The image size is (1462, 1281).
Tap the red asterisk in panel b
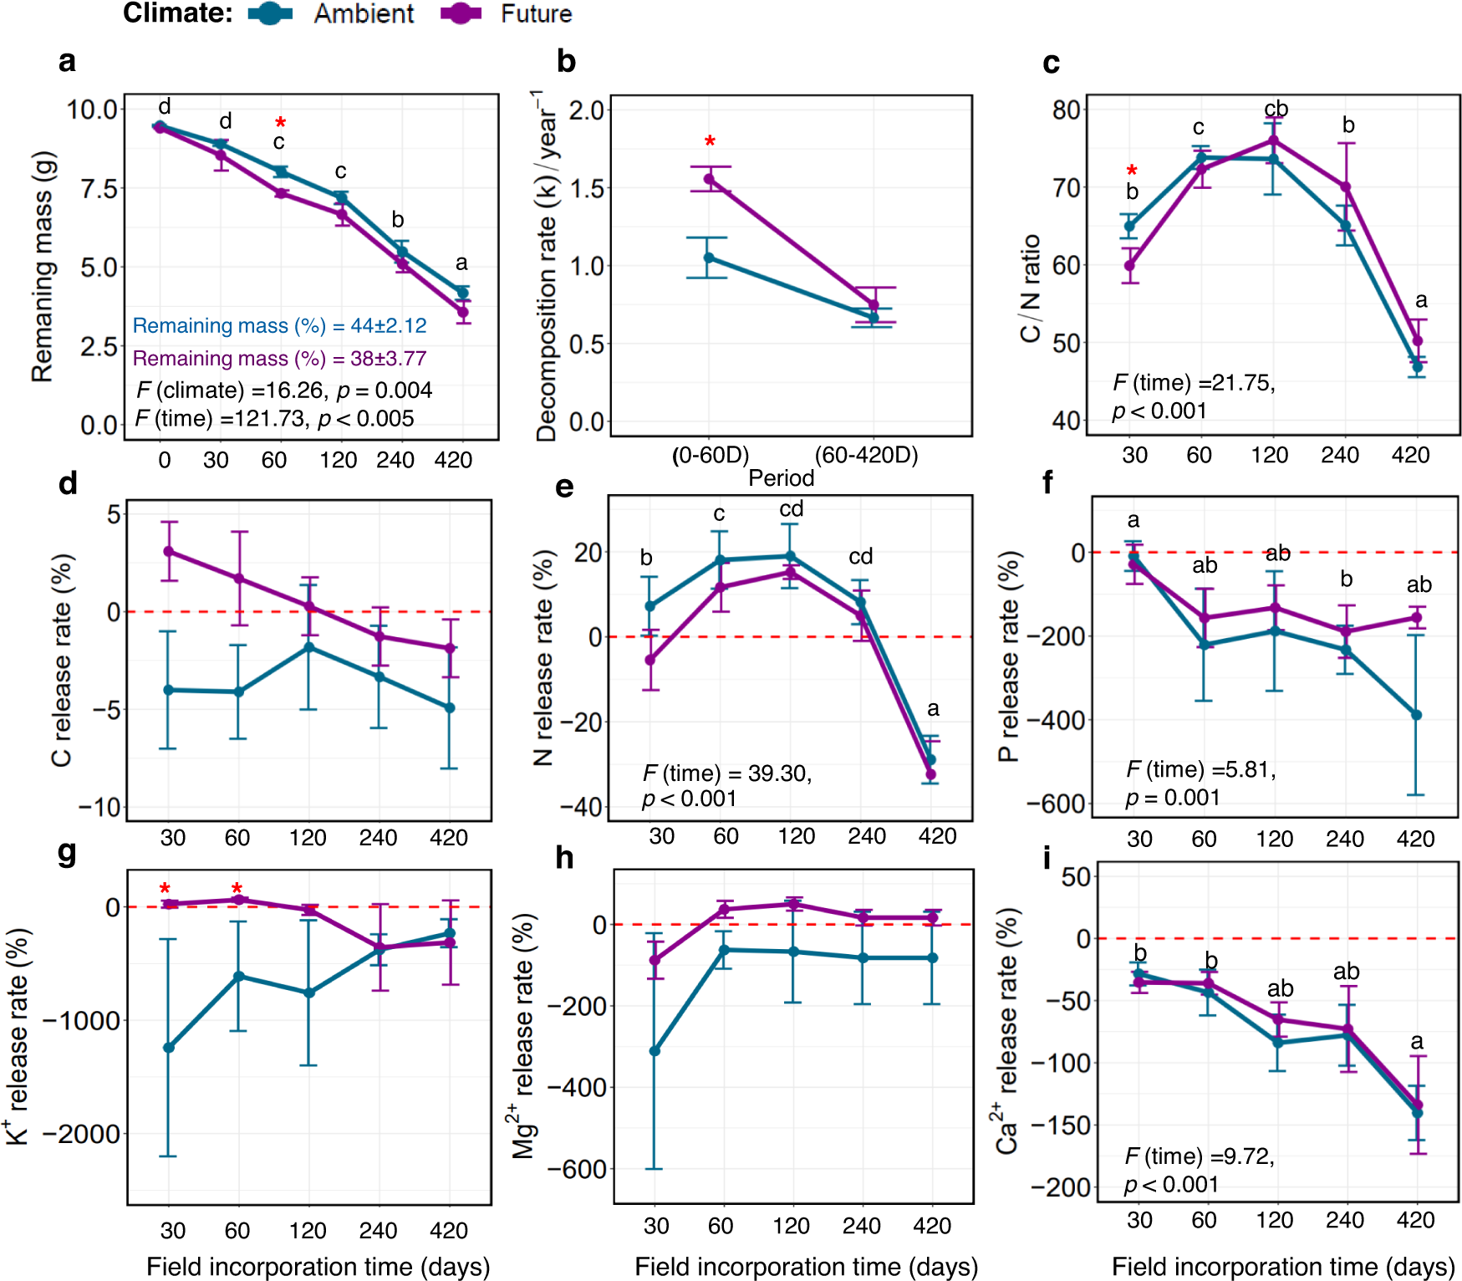[x=710, y=142]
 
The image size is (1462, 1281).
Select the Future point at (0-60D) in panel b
[x=709, y=179]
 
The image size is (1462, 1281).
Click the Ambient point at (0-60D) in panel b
[x=709, y=258]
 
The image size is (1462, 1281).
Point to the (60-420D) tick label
[x=866, y=455]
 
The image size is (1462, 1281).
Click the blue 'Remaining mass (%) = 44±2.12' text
[x=279, y=325]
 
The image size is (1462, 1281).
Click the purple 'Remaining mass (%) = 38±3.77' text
[x=279, y=358]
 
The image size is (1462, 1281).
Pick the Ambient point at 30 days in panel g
[x=169, y=1048]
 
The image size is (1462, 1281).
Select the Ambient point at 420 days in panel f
[x=1416, y=715]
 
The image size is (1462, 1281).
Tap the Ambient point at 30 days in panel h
[x=655, y=1051]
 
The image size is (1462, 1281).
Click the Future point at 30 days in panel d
[x=169, y=551]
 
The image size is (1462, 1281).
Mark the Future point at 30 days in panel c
[x=1129, y=266]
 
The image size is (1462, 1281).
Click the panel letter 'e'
[x=565, y=487]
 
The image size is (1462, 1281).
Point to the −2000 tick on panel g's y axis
[x=82, y=1134]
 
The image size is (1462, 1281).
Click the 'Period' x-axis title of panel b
[x=781, y=478]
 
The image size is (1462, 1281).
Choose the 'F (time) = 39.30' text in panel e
[x=726, y=773]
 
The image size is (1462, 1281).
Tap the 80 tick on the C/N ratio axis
[x=1067, y=110]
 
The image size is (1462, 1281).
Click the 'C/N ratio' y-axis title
[x=1031, y=288]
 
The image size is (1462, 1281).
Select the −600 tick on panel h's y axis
[x=577, y=1169]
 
